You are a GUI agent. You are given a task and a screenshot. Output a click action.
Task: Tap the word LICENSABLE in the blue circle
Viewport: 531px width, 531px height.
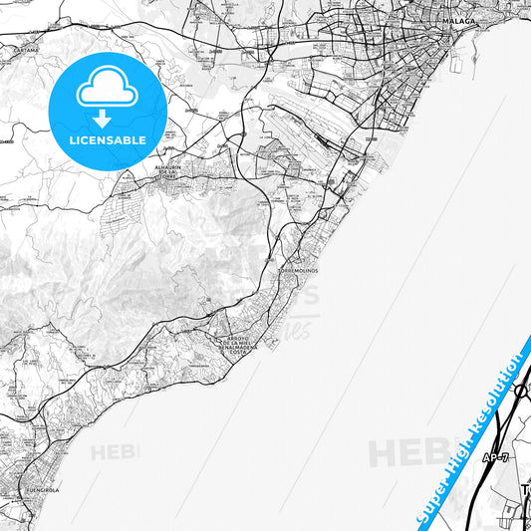tap(108, 140)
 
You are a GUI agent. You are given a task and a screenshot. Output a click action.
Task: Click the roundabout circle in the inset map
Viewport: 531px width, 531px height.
tap(522, 392)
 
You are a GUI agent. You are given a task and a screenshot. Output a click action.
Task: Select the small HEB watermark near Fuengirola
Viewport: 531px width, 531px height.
tap(116, 452)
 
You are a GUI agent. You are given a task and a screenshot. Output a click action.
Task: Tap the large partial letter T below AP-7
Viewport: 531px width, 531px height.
tap(526, 491)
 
